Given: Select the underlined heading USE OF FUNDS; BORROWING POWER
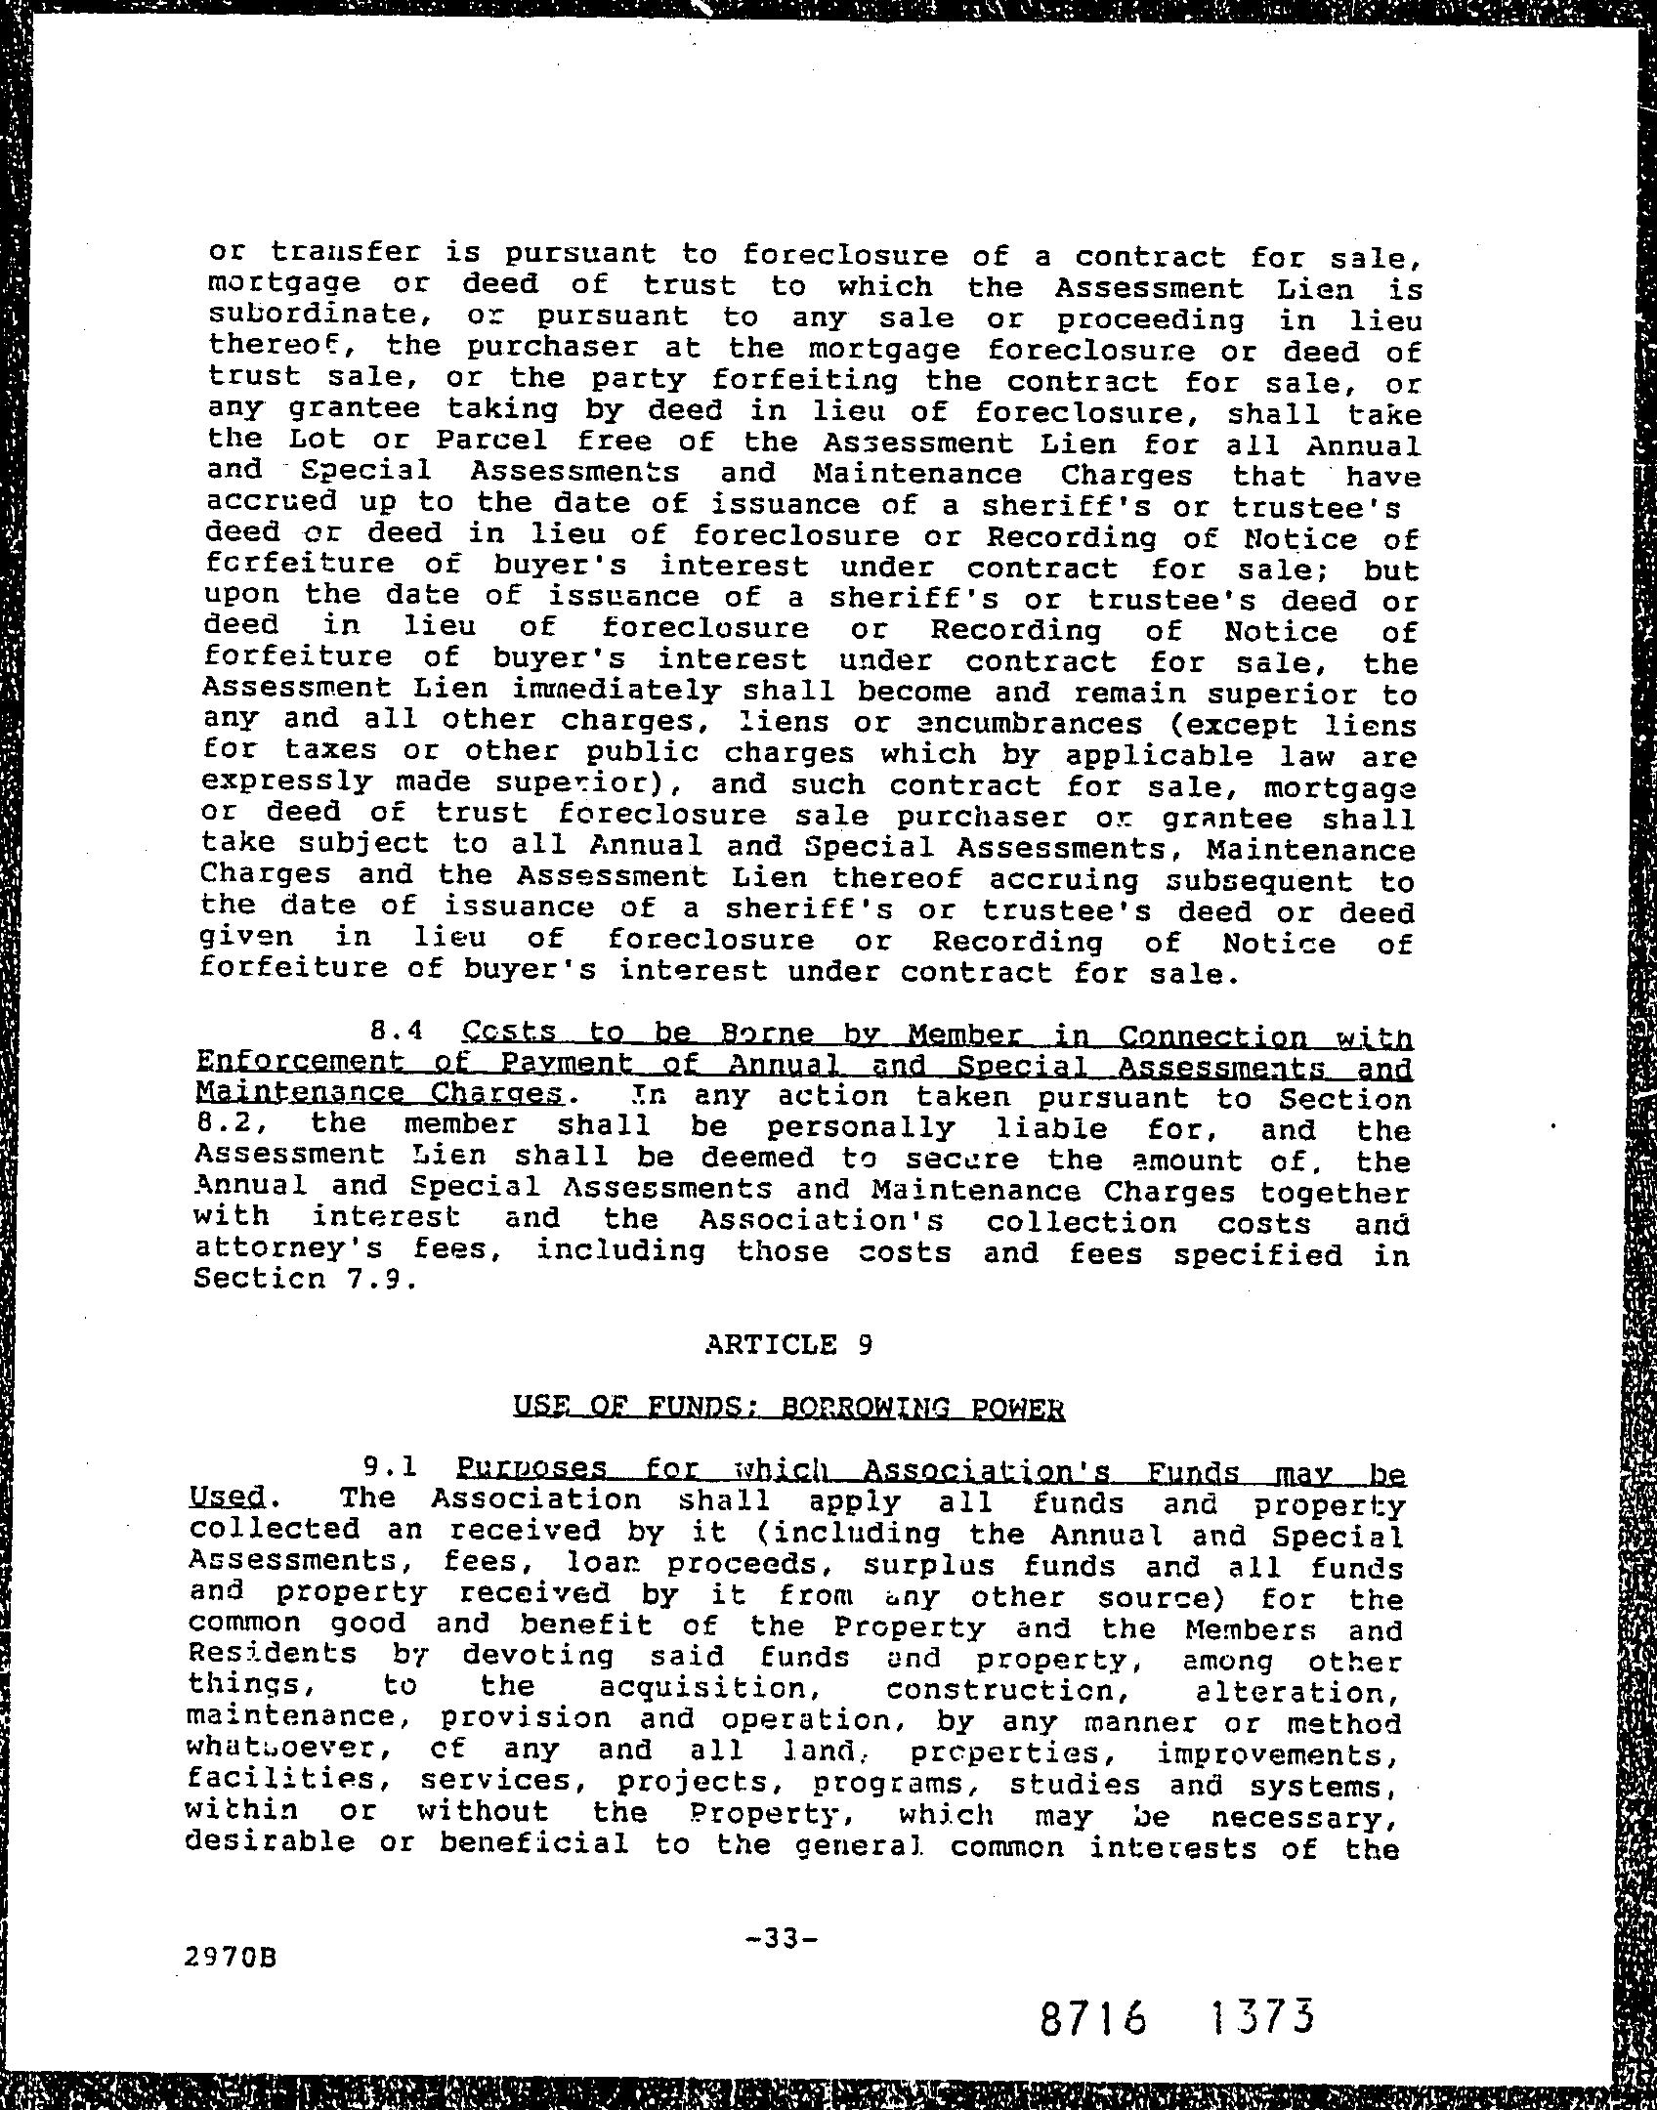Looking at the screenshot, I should tap(787, 1408).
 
